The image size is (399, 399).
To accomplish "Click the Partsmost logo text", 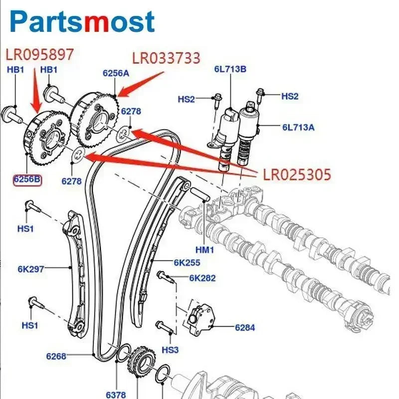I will click(82, 22).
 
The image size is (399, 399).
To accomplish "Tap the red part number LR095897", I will click(39, 53).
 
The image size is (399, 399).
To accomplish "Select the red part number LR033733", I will click(166, 58).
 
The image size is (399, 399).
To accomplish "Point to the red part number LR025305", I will click(294, 175).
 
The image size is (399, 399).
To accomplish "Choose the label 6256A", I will click(116, 73).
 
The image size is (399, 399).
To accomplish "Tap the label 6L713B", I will click(230, 69).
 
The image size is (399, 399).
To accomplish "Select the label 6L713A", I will click(298, 128).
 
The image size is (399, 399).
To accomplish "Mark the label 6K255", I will click(187, 262).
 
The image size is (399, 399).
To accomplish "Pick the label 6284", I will click(245, 328).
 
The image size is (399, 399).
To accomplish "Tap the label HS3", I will click(170, 350).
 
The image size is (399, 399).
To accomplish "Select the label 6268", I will click(56, 356).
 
